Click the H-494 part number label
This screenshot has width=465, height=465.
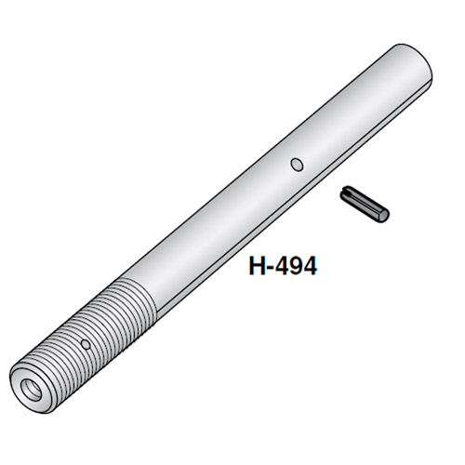(283, 266)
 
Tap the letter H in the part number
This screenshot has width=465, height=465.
(258, 266)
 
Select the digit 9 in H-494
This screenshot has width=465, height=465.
(292, 266)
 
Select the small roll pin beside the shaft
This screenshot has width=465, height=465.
(365, 203)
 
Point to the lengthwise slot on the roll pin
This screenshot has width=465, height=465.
(364, 200)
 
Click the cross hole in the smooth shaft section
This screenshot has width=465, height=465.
(297, 166)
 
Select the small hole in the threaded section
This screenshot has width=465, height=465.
(86, 343)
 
